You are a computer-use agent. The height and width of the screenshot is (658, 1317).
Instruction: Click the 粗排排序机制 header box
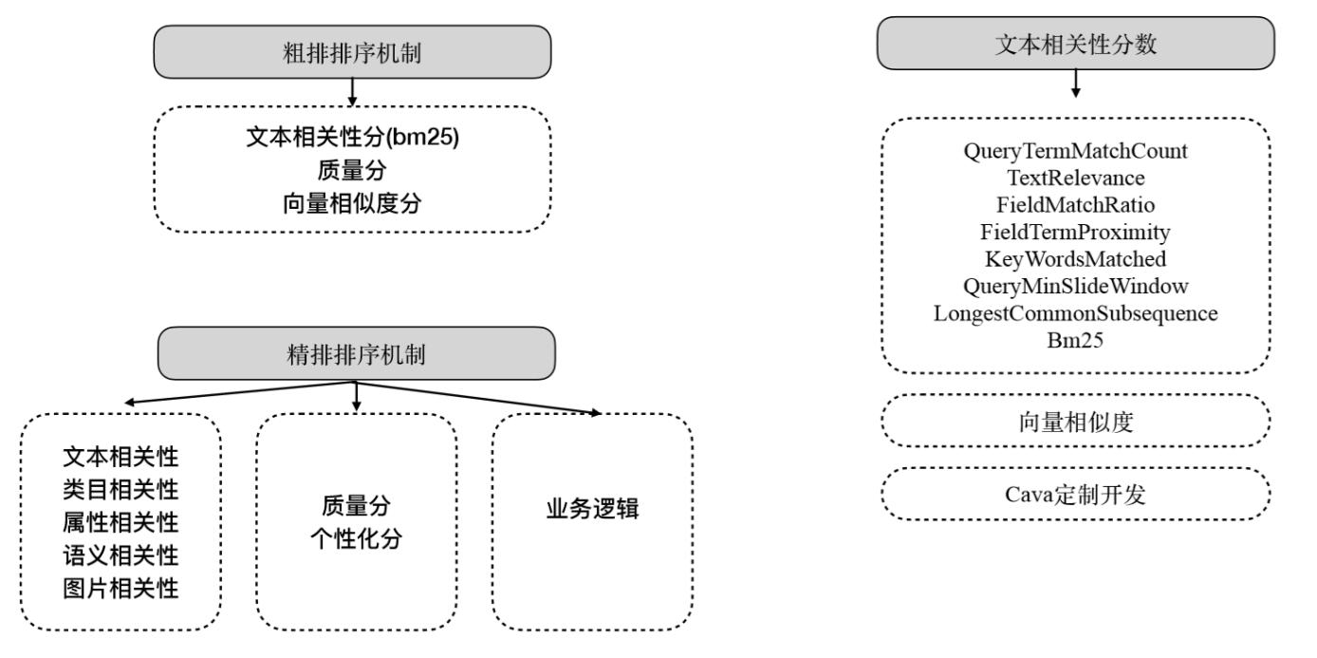pyautogui.click(x=352, y=52)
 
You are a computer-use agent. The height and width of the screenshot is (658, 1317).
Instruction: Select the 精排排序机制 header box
pyautogui.click(x=357, y=354)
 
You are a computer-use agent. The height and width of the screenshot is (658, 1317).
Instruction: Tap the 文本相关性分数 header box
pyautogui.click(x=1075, y=44)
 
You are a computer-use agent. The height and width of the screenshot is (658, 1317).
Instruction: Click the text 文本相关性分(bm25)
pyautogui.click(x=352, y=137)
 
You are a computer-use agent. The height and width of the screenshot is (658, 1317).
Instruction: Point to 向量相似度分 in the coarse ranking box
pyautogui.click(x=352, y=203)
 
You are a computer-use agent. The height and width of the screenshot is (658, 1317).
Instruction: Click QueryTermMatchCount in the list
pyautogui.click(x=1075, y=151)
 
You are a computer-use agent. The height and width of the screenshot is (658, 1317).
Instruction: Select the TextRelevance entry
pyautogui.click(x=1075, y=178)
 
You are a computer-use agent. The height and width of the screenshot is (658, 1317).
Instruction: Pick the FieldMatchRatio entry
pyautogui.click(x=1075, y=205)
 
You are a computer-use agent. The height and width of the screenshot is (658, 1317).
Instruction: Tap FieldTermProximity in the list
pyautogui.click(x=1075, y=232)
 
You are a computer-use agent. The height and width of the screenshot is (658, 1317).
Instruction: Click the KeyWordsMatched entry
pyautogui.click(x=1075, y=259)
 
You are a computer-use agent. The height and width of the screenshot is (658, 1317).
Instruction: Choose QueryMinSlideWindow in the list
pyautogui.click(x=1075, y=286)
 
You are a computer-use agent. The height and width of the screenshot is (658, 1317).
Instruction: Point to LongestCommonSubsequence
pyautogui.click(x=1075, y=313)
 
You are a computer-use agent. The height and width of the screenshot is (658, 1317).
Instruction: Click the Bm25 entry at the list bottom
pyautogui.click(x=1075, y=340)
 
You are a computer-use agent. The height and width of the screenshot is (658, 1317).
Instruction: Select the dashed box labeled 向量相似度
pyautogui.click(x=1075, y=421)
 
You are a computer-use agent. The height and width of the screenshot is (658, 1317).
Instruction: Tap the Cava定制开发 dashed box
pyautogui.click(x=1075, y=495)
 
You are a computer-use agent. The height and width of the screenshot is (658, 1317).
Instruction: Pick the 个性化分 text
pyautogui.click(x=357, y=538)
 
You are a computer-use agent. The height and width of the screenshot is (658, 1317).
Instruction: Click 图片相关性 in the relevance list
pyautogui.click(x=121, y=589)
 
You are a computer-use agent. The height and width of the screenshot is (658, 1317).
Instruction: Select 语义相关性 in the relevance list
pyautogui.click(x=121, y=555)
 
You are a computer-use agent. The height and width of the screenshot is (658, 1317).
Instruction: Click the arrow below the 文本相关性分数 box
pyautogui.click(x=1075, y=84)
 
